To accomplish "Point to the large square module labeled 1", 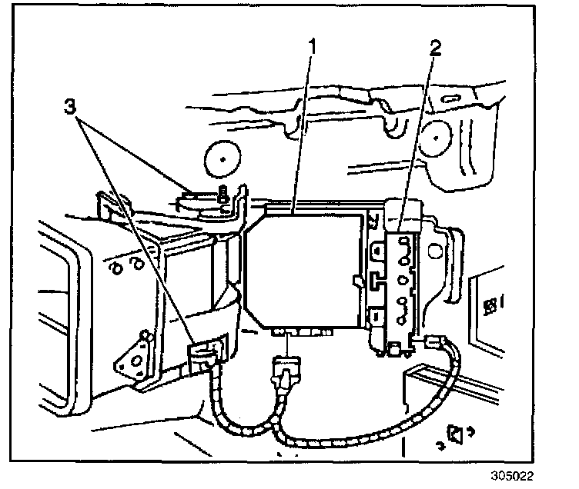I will tap(304, 269).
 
